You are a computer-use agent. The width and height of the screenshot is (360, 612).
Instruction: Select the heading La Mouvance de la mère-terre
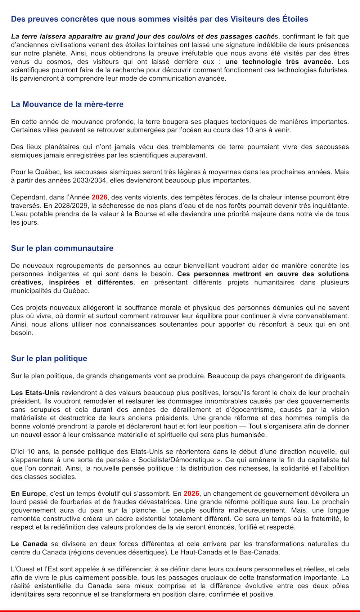pyautogui.click(x=67, y=104)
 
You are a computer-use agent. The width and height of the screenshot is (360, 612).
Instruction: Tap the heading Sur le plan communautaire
pyautogui.click(x=62, y=248)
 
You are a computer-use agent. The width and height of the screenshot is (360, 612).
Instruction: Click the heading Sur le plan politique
pyautogui.click(x=49, y=359)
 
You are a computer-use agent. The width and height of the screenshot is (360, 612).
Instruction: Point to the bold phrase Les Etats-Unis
pyautogui.click(x=35, y=393)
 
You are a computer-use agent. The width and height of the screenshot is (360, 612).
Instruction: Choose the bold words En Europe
pyautogui.click(x=28, y=494)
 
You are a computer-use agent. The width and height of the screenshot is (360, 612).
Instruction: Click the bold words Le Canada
pyautogui.click(x=29, y=544)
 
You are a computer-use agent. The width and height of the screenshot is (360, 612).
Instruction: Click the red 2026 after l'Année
pyautogui.click(x=99, y=197)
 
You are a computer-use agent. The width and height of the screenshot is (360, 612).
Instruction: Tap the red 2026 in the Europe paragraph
pyautogui.click(x=191, y=494)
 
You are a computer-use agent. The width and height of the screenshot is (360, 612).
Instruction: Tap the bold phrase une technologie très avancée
pyautogui.click(x=278, y=62)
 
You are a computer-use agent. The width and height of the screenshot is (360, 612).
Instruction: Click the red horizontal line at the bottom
pyautogui.click(x=180, y=611)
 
